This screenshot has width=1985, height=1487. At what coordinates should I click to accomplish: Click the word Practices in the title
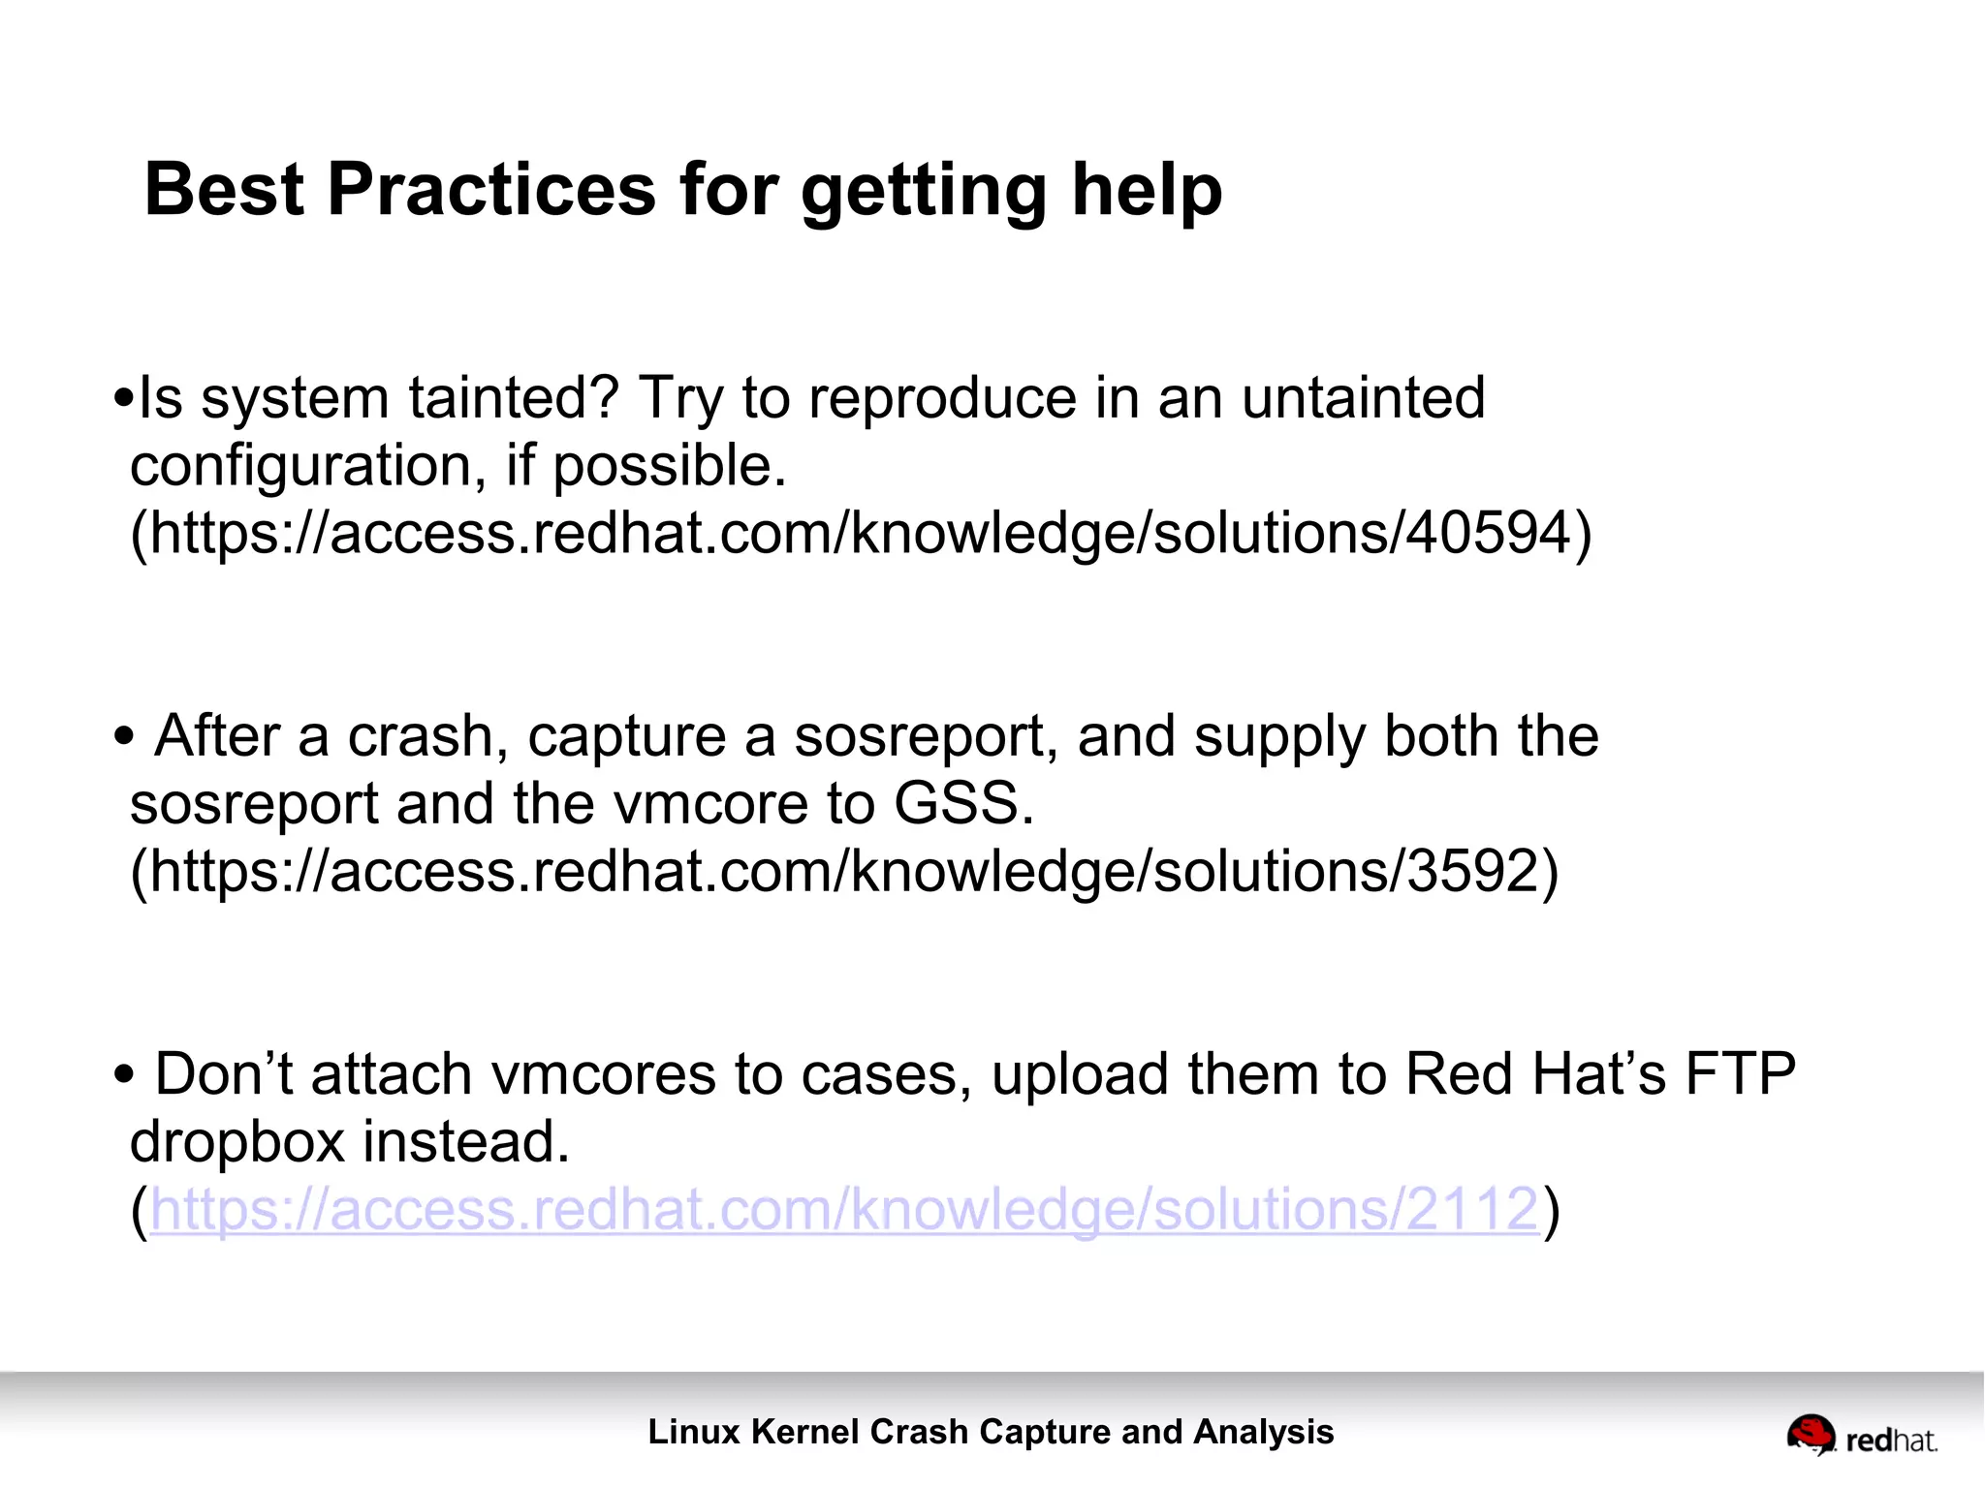[491, 189]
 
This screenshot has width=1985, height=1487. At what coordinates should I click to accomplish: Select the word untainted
[1363, 398]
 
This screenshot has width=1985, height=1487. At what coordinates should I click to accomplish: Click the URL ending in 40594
[861, 534]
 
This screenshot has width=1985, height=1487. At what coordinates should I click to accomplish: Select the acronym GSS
[961, 804]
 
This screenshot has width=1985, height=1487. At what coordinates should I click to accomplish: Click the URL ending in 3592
[843, 872]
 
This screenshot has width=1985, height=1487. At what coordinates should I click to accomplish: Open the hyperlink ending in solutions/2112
[843, 1210]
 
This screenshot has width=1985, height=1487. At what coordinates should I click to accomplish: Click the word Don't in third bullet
[224, 1074]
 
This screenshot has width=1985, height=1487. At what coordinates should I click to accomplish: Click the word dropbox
[237, 1142]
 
